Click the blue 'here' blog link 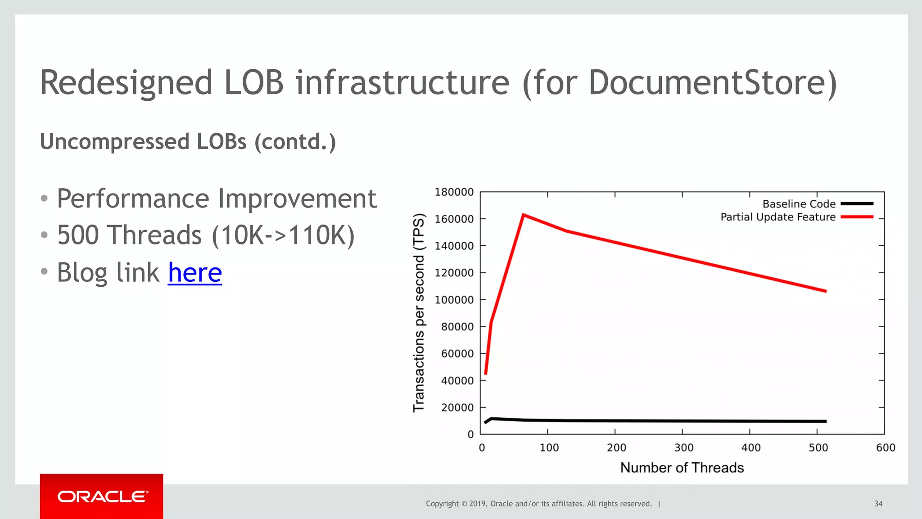194,272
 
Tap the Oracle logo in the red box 102,496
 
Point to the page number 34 878,504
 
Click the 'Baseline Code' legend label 799,204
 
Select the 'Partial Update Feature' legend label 777,217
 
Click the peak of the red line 523,215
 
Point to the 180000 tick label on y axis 454,192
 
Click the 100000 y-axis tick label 454,300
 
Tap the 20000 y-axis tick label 457,407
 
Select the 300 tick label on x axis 683,447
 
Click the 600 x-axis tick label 886,447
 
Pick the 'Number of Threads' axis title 682,468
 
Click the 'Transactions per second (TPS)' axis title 419,312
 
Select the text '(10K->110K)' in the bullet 283,235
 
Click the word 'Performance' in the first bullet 133,199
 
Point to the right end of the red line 826,291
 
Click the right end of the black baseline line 826,421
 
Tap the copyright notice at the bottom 538,504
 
